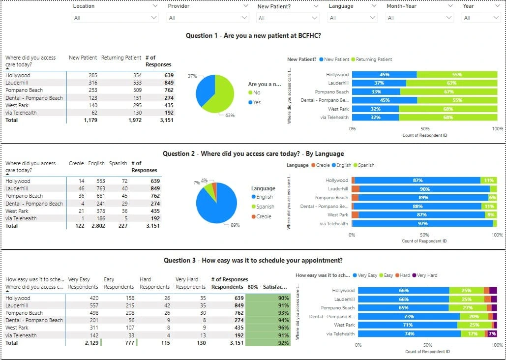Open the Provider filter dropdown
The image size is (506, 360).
(x=208, y=18)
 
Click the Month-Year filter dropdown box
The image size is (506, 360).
(x=419, y=18)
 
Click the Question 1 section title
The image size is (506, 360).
(x=253, y=35)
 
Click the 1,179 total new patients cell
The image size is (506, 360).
(x=90, y=120)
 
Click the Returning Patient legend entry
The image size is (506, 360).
(x=374, y=60)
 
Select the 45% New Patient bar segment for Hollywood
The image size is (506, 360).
(x=385, y=75)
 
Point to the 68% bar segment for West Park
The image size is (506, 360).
(x=447, y=109)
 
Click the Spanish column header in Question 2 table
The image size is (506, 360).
(x=118, y=163)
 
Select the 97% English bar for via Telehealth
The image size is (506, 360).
(x=422, y=224)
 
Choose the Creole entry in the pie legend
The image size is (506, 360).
(x=263, y=216)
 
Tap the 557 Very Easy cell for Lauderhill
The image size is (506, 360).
(x=91, y=305)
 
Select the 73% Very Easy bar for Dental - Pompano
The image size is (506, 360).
(x=409, y=317)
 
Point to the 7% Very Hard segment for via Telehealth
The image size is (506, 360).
(x=492, y=334)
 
